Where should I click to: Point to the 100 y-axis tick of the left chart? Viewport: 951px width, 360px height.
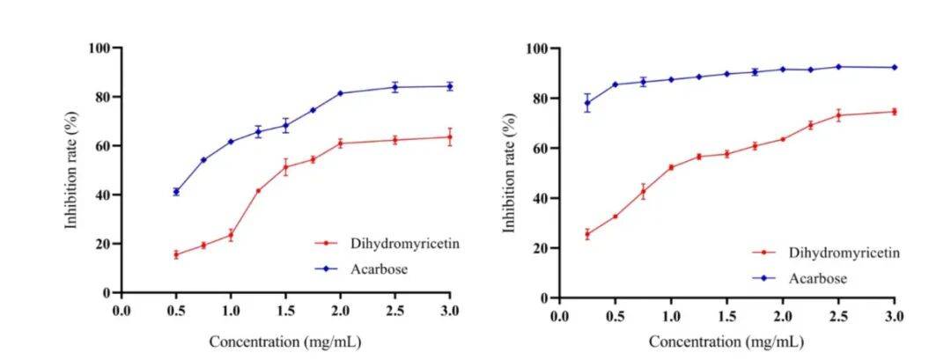98,48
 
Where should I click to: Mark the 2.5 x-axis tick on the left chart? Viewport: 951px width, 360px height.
394,310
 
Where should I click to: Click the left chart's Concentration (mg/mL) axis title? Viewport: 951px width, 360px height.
284,341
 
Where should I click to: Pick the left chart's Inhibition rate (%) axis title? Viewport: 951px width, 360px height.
71,169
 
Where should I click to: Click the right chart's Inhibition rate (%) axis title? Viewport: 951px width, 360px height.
508,173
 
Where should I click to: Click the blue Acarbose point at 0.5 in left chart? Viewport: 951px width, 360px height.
176,191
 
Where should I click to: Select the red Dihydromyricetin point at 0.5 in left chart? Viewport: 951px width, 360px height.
176,254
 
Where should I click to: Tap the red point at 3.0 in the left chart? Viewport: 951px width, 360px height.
450,136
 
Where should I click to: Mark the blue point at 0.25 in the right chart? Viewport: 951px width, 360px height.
587,103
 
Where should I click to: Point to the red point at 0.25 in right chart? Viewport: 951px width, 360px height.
587,234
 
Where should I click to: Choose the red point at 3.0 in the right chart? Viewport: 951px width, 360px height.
895,112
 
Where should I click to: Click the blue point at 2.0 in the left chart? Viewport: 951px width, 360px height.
341,93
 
